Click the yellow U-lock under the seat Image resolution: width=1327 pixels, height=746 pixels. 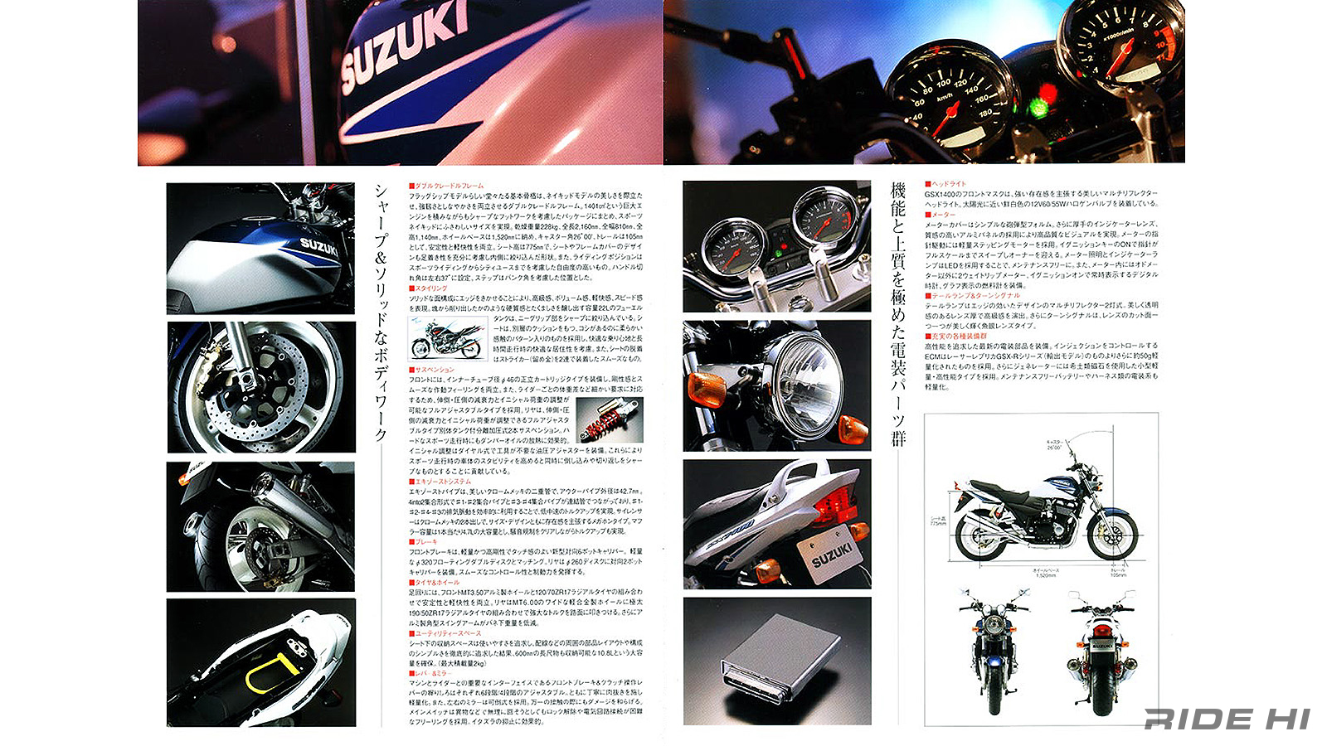tap(269, 673)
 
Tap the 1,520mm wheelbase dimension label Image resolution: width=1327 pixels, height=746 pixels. tap(1045, 573)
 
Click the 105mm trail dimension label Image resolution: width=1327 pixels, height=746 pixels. tap(1118, 573)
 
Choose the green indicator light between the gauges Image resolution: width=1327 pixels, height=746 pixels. tap(1036, 107)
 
